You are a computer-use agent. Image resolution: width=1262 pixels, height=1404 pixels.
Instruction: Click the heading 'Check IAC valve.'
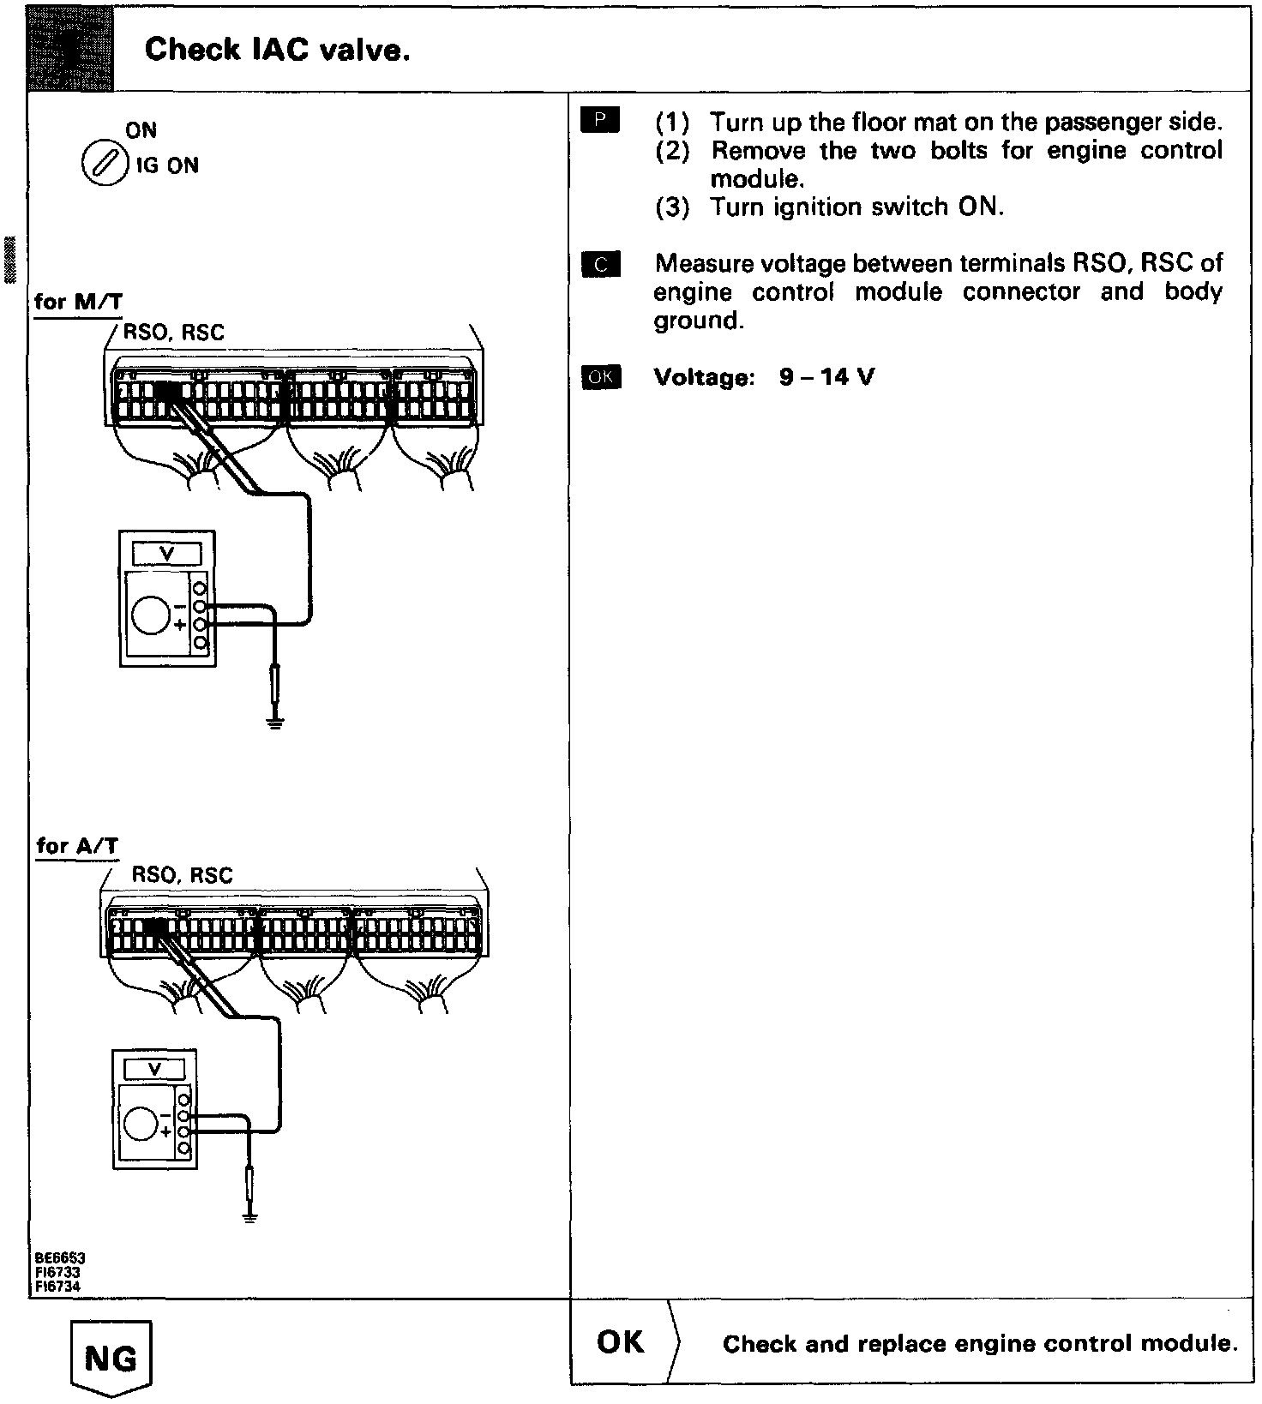pos(277,51)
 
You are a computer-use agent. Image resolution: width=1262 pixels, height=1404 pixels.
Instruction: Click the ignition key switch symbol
pos(99,163)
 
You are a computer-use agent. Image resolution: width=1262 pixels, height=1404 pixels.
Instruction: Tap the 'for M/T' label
pos(78,302)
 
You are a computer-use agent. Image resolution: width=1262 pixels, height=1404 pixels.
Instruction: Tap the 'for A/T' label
pos(77,846)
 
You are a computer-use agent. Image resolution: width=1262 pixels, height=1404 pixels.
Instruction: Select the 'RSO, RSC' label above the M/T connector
pos(174,333)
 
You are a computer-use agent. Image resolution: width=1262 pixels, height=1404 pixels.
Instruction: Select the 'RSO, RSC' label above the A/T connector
pos(182,875)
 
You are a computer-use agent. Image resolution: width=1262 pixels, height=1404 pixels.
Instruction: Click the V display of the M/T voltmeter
pos(167,554)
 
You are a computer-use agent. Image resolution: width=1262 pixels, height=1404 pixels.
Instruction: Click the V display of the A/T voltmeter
pos(155,1070)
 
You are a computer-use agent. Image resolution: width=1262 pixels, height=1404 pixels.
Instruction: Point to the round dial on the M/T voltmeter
pos(151,615)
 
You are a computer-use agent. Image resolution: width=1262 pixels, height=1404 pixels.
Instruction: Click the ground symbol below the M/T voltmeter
pos(274,723)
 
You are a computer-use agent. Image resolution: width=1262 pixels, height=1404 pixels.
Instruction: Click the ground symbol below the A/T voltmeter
pos(249,1215)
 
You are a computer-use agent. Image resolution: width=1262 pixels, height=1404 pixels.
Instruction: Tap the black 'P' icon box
pos(599,122)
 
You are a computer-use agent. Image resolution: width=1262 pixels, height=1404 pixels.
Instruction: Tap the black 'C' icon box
pos(600,265)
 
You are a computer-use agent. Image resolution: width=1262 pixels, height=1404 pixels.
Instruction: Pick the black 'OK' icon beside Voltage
pos(600,377)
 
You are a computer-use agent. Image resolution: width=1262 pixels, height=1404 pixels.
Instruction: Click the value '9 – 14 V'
pos(826,377)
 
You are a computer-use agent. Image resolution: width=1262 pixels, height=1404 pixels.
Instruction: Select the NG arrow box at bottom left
pos(112,1359)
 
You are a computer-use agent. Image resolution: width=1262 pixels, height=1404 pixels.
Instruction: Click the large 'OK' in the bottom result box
pos(620,1342)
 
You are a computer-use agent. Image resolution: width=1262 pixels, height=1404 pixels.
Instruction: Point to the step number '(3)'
pos(672,208)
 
